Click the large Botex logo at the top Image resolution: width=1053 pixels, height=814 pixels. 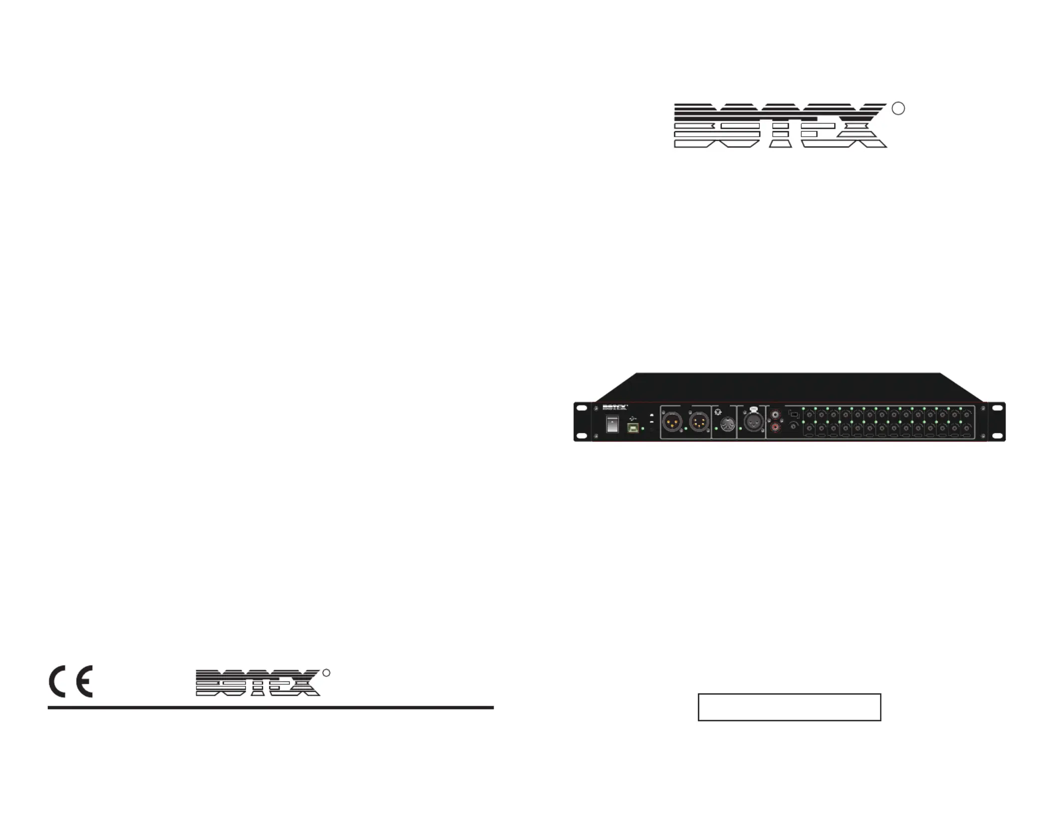pyautogui.click(x=780, y=126)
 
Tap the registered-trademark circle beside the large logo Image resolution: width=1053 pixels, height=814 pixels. pyautogui.click(x=898, y=108)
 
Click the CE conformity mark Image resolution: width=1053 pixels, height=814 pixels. pyautogui.click(x=71, y=681)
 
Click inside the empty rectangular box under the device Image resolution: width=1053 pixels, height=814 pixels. pyautogui.click(x=789, y=707)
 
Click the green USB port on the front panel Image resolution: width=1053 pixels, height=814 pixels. pyautogui.click(x=633, y=428)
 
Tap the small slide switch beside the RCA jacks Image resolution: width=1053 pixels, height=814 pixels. pyautogui.click(x=794, y=415)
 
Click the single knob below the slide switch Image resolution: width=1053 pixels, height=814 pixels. pyautogui.click(x=793, y=426)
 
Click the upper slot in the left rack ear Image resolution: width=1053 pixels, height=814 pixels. pyautogui.click(x=581, y=408)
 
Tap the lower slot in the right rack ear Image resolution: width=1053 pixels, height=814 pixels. pyautogui.click(x=997, y=436)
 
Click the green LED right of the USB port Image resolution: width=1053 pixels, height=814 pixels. pyautogui.click(x=643, y=428)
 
